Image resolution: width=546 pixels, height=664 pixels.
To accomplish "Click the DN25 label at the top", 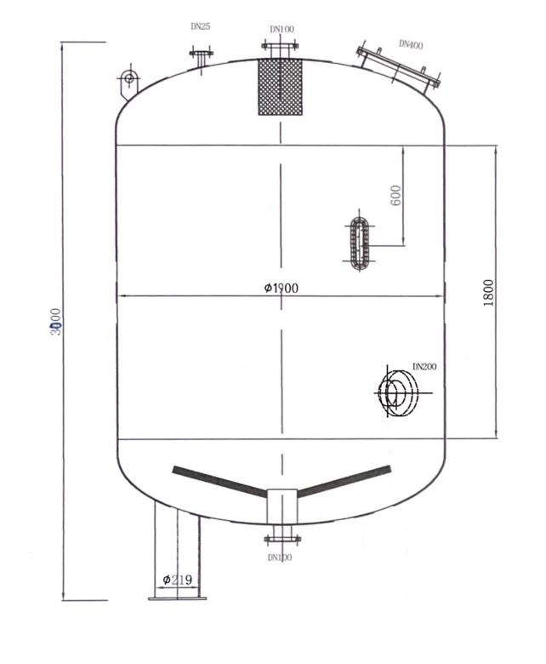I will tap(200, 26).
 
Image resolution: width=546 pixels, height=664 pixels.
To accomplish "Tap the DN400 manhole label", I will tap(411, 44).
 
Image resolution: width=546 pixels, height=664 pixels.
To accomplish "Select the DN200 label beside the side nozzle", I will tap(424, 367).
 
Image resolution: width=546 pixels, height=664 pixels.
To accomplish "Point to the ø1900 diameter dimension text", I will tap(281, 288).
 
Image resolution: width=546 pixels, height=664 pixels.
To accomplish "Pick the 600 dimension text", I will tap(395, 196).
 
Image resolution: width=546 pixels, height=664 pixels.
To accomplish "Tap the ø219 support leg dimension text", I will tap(177, 580).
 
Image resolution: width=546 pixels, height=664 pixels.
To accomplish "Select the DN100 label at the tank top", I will tap(282, 30).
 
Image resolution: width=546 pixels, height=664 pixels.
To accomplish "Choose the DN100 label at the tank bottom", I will tap(279, 558).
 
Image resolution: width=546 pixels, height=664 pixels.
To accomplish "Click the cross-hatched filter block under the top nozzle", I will tap(280, 87).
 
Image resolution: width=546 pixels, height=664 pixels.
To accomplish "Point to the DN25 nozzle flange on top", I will tap(201, 54).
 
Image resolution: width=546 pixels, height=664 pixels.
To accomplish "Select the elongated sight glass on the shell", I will tap(358, 243).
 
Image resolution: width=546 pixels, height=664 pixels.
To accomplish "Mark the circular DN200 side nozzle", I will tap(396, 392).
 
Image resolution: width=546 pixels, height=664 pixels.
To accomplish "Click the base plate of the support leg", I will tap(177, 598).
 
